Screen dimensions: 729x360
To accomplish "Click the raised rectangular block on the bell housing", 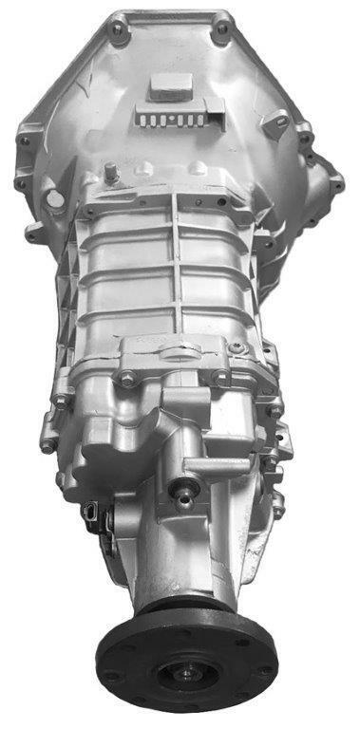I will tap(165, 88).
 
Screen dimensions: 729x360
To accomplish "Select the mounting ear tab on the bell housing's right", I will tap(276, 123).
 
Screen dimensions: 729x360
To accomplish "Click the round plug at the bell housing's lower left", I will tap(56, 199).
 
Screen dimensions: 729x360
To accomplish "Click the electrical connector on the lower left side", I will tap(92, 513).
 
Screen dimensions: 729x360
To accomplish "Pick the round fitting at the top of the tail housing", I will tap(181, 492).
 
